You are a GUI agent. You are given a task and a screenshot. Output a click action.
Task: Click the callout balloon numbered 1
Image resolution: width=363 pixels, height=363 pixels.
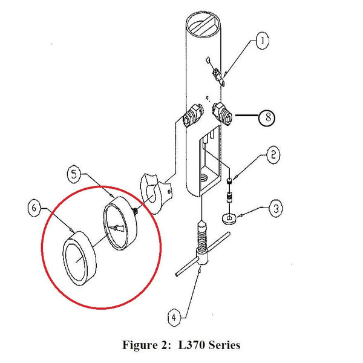pyautogui.click(x=262, y=41)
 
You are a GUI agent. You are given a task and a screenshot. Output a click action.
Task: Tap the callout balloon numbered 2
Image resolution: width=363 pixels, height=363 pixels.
pyautogui.click(x=273, y=155)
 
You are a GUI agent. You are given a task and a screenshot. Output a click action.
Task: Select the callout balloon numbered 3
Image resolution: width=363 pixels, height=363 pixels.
pyautogui.click(x=276, y=209)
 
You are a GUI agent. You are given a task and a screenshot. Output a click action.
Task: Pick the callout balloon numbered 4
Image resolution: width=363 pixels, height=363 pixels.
pyautogui.click(x=173, y=316)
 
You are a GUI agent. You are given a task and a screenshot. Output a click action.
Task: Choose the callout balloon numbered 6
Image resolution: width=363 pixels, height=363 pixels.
pyautogui.click(x=34, y=208)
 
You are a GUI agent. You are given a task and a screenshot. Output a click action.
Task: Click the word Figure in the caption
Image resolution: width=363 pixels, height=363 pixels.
pyautogui.click(x=139, y=345)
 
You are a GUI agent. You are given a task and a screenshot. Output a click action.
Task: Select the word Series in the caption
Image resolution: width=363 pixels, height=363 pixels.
pyautogui.click(x=226, y=345)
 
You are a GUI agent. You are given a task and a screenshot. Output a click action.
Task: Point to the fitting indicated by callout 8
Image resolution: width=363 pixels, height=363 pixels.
pyautogui.click(x=222, y=113)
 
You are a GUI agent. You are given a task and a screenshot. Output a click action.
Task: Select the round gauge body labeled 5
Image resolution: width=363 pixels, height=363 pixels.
pyautogui.click(x=122, y=224)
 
